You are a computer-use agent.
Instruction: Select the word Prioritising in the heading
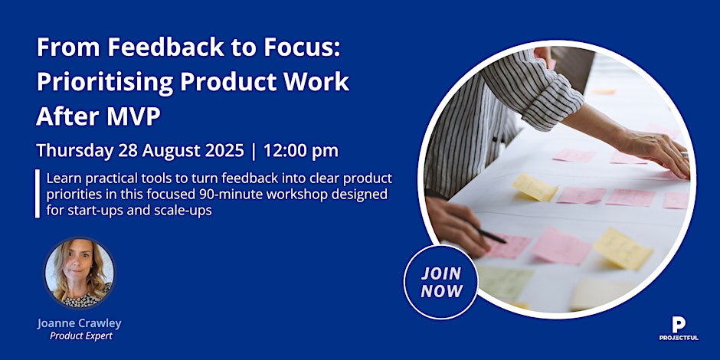tap(104, 83)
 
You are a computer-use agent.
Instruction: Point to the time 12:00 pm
tap(301, 151)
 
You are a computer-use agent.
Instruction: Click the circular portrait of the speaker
tap(80, 272)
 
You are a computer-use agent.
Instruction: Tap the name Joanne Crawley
tap(80, 323)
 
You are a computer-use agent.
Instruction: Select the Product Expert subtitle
tap(81, 336)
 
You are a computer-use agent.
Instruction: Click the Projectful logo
tap(679, 329)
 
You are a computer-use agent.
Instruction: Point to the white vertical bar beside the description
tap(38, 194)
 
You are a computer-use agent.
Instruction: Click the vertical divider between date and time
tap(254, 151)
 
